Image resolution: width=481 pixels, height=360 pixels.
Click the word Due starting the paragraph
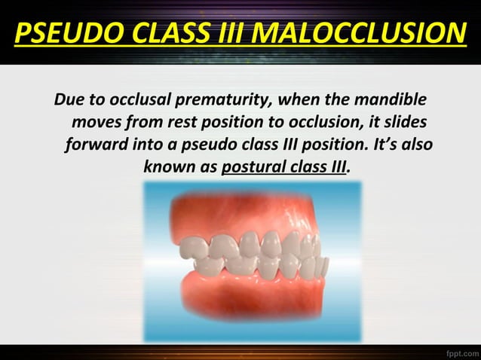click(x=67, y=100)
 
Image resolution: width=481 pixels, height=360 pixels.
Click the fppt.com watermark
click(x=456, y=352)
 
